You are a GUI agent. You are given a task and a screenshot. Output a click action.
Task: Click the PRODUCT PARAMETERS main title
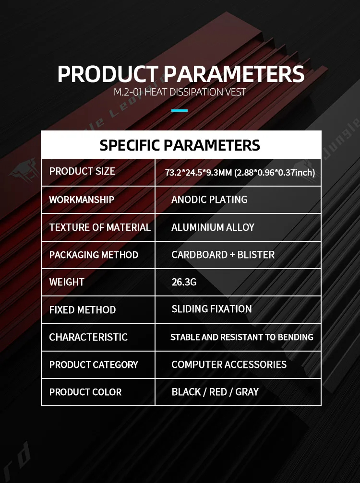pos(180,74)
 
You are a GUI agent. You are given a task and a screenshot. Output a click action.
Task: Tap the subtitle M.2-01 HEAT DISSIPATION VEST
pos(180,92)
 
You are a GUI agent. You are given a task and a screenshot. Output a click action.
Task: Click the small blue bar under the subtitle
pos(180,110)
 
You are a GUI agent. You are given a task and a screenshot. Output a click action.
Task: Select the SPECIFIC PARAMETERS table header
pos(180,145)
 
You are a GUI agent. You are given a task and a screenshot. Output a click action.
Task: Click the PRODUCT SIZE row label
pos(82,171)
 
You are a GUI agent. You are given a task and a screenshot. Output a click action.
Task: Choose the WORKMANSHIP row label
pos(82,200)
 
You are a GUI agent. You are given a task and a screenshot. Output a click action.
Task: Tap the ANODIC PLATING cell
pos(209,200)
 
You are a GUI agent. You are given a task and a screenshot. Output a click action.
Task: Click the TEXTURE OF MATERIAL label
pos(100,227)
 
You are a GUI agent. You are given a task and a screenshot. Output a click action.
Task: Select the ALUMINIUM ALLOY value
pos(213,227)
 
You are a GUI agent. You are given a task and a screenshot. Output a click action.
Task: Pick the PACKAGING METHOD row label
pos(94,255)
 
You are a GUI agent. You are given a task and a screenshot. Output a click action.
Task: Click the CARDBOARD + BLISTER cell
pos(223,255)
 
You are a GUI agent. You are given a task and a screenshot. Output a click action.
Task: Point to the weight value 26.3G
pos(184,282)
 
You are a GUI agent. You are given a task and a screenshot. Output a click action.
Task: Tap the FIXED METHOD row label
pos(83,310)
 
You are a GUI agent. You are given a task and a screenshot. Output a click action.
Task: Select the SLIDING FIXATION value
pos(212,309)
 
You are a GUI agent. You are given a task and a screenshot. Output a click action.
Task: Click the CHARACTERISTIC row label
pos(88,337)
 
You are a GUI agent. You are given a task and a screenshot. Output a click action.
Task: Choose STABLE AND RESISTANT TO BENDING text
pos(242,337)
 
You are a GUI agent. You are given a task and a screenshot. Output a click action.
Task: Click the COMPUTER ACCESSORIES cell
pos(229,365)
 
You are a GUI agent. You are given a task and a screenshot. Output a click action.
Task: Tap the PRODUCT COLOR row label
pos(85,392)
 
